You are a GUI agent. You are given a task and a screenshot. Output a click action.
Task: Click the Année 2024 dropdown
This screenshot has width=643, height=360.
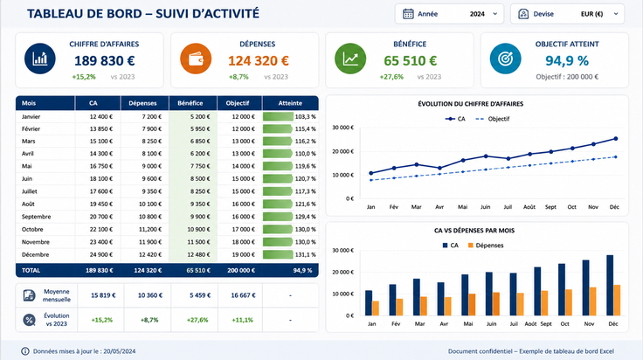449,14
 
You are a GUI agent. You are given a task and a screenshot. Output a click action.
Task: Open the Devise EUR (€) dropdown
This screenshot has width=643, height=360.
567,14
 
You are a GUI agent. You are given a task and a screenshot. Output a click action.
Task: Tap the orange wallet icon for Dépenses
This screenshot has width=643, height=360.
196,59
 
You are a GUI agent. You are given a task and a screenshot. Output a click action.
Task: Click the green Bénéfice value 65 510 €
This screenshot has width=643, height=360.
410,60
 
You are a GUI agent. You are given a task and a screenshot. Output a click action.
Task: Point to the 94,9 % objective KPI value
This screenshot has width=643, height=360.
567,60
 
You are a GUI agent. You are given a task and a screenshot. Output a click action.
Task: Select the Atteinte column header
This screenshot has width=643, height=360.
290,103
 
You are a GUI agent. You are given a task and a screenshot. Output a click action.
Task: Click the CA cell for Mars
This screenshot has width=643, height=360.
100,141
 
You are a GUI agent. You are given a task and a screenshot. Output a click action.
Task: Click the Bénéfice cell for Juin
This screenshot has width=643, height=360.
200,179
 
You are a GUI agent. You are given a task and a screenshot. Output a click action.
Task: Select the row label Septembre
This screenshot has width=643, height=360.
36,217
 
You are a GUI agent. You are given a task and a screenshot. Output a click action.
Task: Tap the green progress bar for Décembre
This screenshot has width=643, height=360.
278,254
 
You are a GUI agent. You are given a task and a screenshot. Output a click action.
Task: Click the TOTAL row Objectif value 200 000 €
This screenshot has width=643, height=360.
241,271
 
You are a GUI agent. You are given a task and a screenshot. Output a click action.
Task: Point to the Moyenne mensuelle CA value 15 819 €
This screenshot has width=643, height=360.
103,295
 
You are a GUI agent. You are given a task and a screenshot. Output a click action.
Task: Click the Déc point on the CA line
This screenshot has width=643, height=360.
616,139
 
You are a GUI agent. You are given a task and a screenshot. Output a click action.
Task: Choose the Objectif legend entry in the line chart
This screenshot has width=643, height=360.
492,119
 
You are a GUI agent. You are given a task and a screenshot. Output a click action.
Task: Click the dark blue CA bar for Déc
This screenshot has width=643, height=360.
610,286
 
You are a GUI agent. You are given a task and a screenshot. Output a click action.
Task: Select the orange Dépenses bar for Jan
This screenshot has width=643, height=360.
375,308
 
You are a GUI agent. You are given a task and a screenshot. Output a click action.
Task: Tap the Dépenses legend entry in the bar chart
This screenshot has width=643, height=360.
486,246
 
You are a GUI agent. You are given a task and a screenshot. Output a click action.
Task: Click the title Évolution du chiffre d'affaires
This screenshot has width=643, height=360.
470,104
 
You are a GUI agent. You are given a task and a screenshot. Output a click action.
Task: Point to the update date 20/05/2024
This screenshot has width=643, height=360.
120,351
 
